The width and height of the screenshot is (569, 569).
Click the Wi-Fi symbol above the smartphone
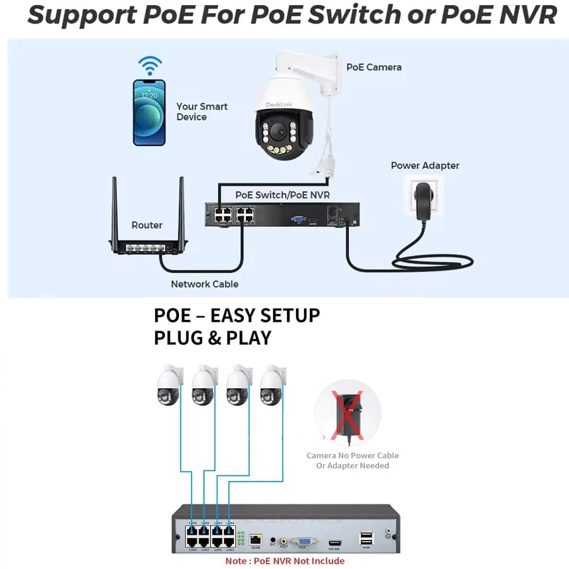tap(150, 65)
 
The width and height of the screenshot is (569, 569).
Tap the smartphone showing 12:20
tap(149, 113)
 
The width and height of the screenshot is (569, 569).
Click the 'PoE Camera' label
tap(374, 67)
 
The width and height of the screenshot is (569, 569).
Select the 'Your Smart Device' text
tap(202, 111)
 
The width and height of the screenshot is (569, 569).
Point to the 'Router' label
tap(147, 225)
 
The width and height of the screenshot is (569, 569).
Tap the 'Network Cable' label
tap(204, 284)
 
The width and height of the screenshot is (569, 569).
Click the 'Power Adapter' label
tap(425, 166)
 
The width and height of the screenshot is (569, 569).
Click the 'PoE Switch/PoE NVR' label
tap(283, 195)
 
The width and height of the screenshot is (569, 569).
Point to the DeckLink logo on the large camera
tap(276, 104)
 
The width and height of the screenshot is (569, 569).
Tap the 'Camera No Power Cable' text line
tap(352, 455)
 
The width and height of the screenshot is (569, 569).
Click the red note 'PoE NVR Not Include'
tap(284, 561)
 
